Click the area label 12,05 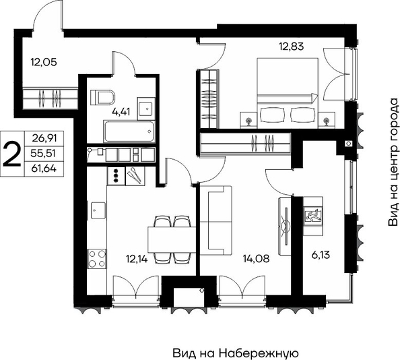coord(44,62)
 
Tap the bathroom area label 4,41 coord(121,112)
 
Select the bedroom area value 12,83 coord(292,47)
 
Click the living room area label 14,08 coord(256,259)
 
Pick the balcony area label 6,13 coord(321,255)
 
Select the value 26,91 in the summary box coord(44,138)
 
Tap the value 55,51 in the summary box coord(43,154)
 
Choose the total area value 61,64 coord(44,169)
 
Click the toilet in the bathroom coord(102,97)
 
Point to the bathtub coord(129,131)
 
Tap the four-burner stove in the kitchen coord(97,259)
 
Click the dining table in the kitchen coord(172,240)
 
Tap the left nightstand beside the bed coord(248,120)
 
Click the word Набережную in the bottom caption coord(259,353)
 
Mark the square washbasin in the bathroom coord(146,109)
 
